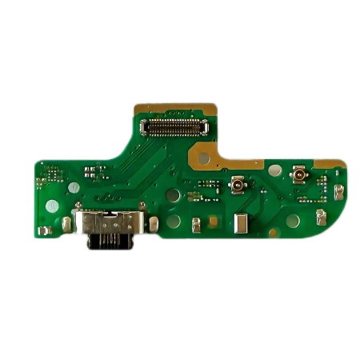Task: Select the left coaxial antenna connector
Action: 238,186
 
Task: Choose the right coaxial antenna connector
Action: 301,175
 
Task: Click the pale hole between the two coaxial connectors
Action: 274,170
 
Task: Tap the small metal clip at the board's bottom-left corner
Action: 46,230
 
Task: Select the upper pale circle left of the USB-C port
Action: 73,187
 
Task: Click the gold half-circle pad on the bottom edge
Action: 273,232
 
